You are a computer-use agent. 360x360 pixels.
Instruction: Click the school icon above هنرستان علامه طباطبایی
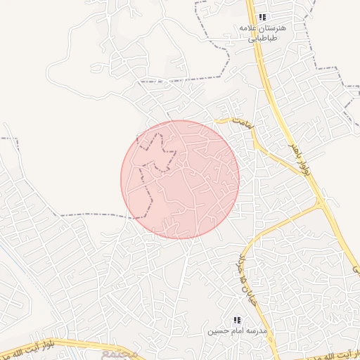tap(262, 17)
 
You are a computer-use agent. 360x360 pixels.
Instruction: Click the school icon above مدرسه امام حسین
tap(237, 320)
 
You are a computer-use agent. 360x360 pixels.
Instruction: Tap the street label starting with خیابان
tap(247, 271)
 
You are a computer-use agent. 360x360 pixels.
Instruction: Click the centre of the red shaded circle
tap(180, 179)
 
